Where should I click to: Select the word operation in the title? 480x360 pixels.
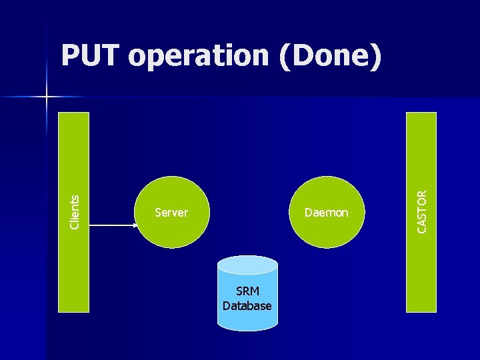198,58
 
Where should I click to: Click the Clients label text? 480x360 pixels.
75,211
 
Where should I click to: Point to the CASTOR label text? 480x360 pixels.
422,211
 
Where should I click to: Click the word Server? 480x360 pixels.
171,213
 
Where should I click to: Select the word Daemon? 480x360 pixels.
326,213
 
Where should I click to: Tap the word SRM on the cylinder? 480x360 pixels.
247,292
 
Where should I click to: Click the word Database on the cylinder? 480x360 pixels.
247,306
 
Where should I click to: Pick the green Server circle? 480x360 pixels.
173,193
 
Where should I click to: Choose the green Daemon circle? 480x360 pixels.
327,193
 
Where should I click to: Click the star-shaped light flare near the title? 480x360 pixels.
47,97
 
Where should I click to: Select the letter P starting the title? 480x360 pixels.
69,57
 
